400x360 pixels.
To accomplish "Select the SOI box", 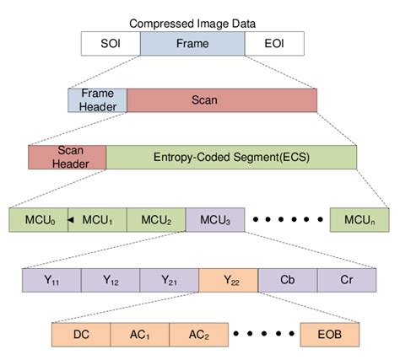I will tap(110, 44).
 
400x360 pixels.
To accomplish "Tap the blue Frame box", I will tap(192, 44).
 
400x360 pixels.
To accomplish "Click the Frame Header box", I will tap(97, 99).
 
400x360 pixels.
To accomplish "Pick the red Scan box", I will tap(222, 99).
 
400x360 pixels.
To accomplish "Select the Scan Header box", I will tap(67, 157).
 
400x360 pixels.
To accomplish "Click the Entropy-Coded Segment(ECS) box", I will tap(231, 157).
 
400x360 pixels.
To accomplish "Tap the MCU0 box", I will tap(38, 220).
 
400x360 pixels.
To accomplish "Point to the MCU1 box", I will tap(100, 220).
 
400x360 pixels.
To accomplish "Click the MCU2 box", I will tap(156, 220).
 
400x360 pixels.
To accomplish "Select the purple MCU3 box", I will tap(215, 220).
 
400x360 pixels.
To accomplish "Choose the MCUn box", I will tap(359, 220).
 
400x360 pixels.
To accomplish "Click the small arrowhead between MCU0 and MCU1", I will tap(72, 220).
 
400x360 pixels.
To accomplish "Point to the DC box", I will tap(81, 334).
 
